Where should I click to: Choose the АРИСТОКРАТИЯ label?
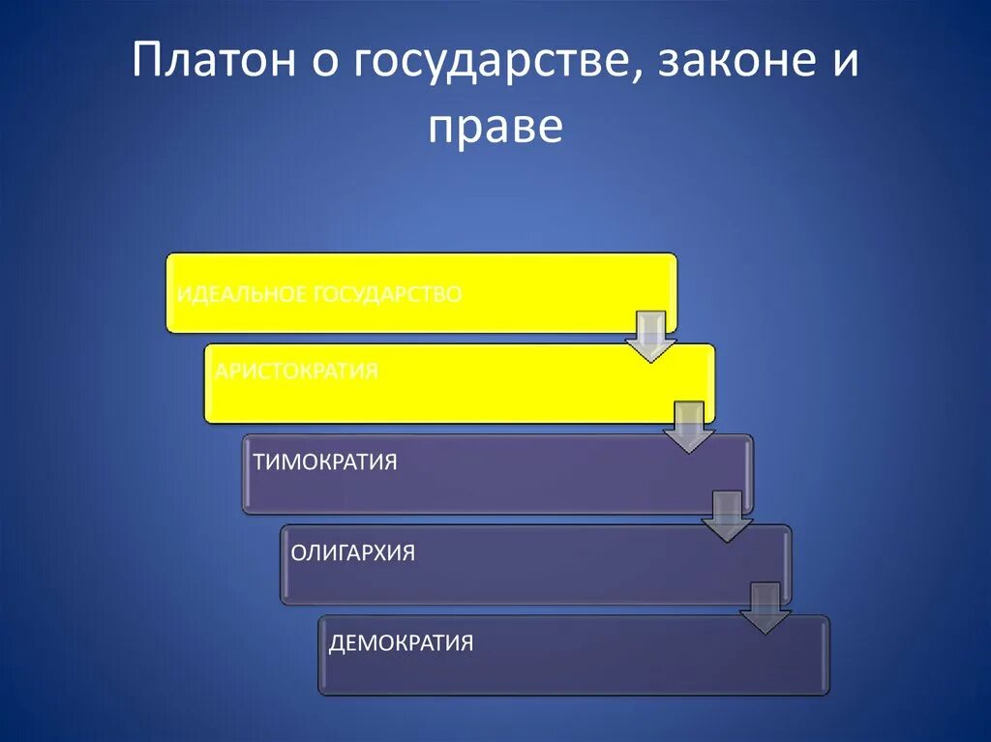296,371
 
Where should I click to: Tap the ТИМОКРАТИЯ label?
325,461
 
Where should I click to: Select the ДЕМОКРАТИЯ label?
401,642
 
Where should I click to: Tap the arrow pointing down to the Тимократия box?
689,427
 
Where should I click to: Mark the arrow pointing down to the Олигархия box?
727,517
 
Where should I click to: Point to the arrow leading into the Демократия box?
766,608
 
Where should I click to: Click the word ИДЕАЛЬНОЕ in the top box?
240,293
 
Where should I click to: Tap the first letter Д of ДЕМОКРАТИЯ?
337,643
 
